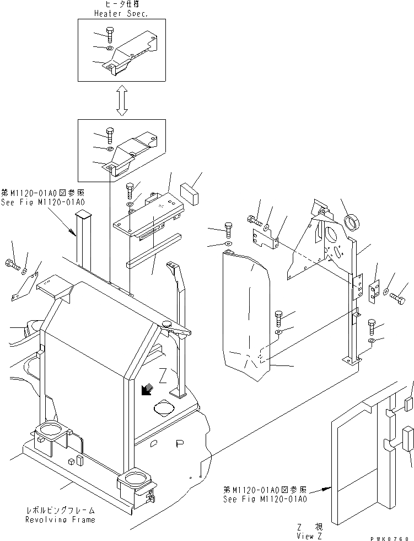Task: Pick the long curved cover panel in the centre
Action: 246,315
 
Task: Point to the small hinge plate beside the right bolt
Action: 373,290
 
